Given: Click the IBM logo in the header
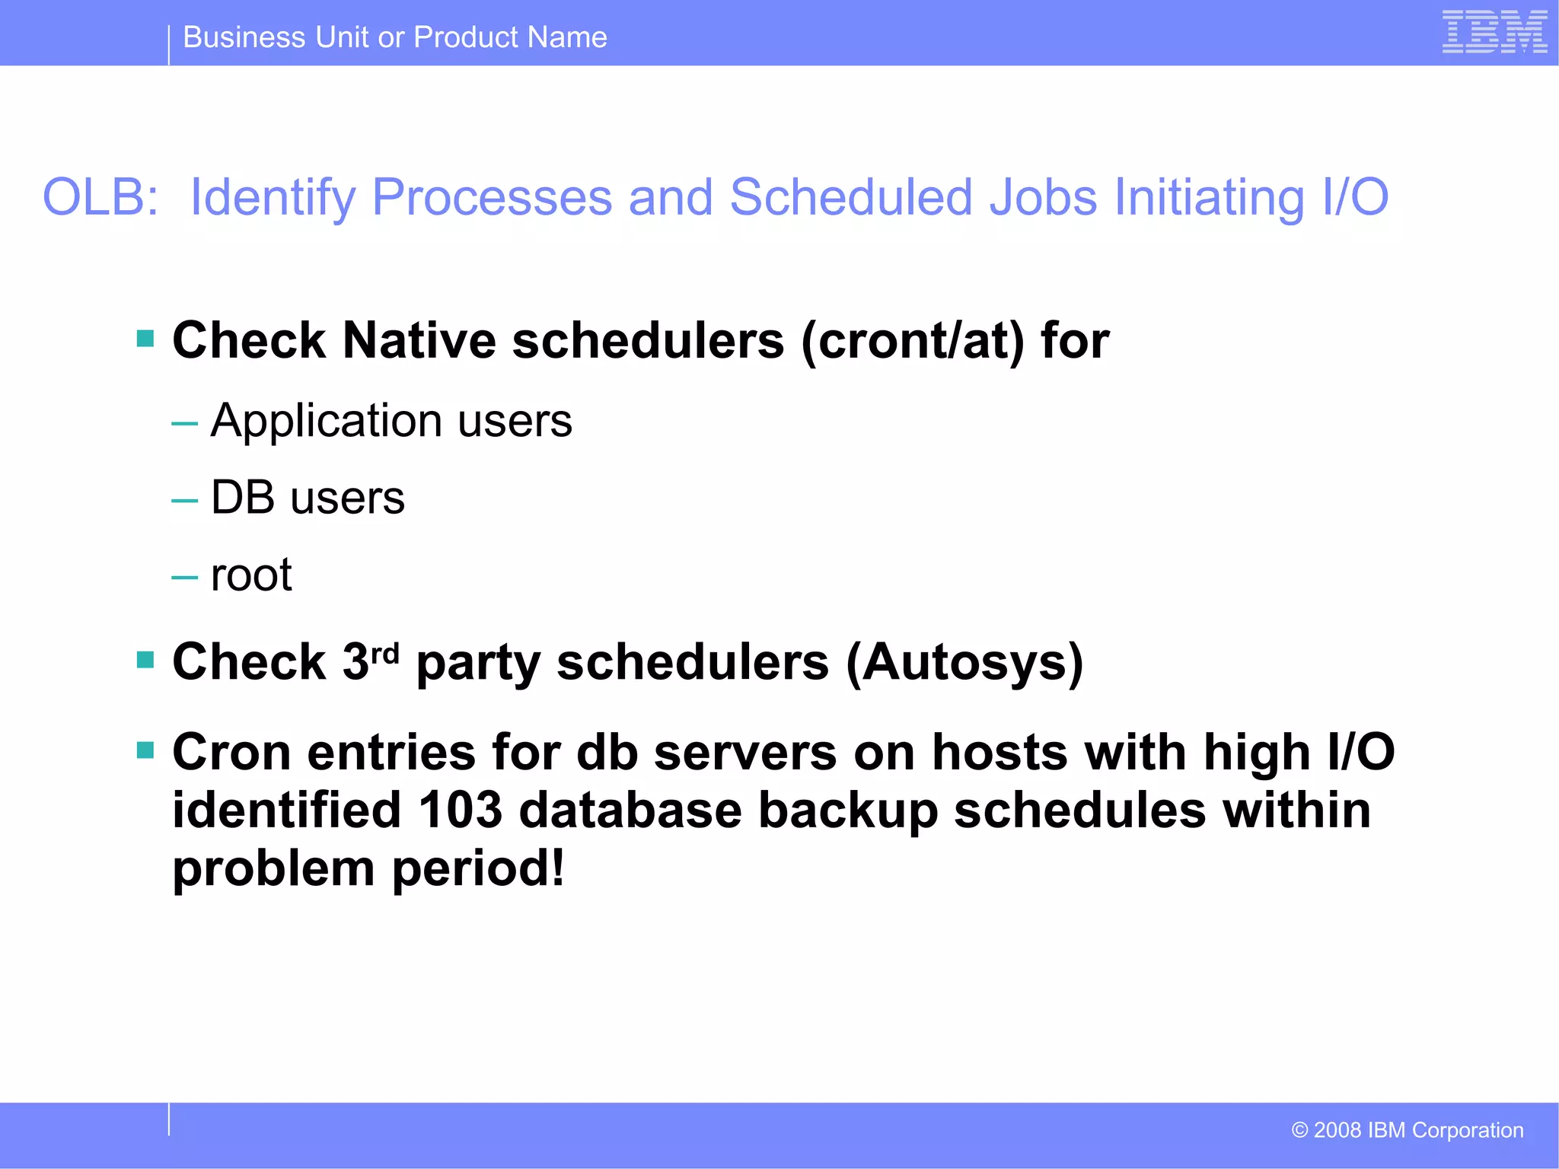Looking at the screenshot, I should coord(1494,32).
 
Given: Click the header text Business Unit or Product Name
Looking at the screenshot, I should coord(395,37).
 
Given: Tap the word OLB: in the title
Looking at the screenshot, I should coord(100,197).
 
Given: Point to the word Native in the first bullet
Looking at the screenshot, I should coord(419,340).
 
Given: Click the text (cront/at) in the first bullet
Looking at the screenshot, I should coord(913,340).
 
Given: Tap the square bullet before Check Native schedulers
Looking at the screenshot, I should coord(145,338).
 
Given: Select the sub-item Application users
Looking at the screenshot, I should coord(391,421).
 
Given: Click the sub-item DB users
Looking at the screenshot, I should coord(308,498).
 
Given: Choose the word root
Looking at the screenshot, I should coord(251,575).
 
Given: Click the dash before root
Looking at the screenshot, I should coord(184,578).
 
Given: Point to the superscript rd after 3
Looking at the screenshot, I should coord(384,654).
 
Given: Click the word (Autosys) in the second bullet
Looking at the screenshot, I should coord(964,662).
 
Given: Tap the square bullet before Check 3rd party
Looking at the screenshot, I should coord(145,659).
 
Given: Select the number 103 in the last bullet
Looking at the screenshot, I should coord(460,810).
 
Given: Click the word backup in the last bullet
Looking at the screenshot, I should coord(847,811).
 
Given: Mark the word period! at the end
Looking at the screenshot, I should coord(478,868).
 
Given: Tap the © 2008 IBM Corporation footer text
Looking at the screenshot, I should coord(1407,1130).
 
